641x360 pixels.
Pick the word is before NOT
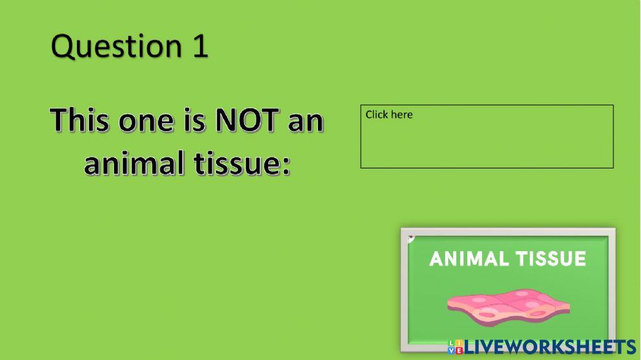tap(194, 120)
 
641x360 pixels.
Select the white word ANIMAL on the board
tap(465, 259)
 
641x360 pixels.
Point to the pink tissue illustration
tap(506, 304)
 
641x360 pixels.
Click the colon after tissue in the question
tap(286, 165)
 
